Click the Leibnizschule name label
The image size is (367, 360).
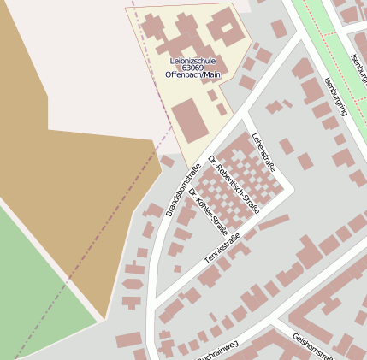pos(192,61)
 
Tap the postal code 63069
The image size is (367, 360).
pos(192,68)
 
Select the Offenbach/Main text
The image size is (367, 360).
pos(192,75)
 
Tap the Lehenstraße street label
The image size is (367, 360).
pos(265,151)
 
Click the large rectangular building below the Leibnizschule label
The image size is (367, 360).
pos(190,119)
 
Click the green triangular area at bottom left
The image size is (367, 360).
pos(34,291)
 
